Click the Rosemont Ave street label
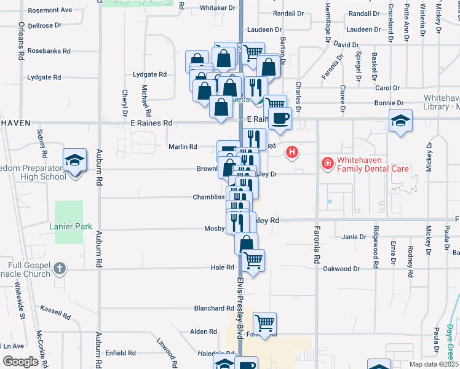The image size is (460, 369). [x=50, y=10]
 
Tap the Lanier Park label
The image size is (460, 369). [x=70, y=227]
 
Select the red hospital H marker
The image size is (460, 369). [x=292, y=151]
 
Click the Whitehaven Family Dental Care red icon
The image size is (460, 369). [x=327, y=163]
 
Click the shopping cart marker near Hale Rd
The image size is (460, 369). [x=253, y=260]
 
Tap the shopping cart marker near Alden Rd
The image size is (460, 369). [x=264, y=322]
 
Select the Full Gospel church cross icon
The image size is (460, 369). [x=59, y=268]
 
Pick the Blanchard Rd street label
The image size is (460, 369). [x=213, y=308]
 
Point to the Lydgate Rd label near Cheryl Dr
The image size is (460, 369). [x=150, y=74]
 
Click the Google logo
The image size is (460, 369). [x=20, y=362]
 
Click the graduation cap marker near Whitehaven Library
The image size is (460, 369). [x=400, y=120]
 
